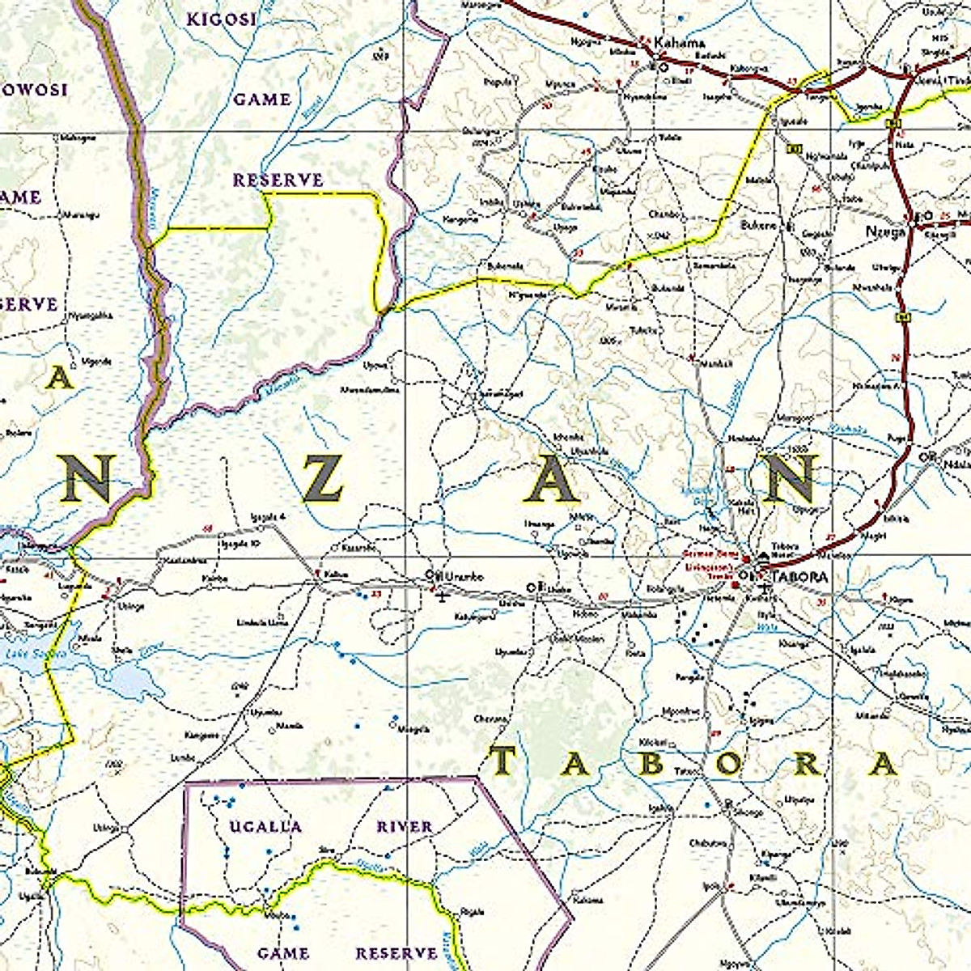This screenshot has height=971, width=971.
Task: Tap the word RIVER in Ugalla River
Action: coord(405,826)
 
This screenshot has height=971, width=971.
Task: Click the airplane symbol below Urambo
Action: coord(442,597)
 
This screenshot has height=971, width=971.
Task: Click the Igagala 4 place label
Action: coord(270,516)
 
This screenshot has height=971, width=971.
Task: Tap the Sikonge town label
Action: coord(748,812)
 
